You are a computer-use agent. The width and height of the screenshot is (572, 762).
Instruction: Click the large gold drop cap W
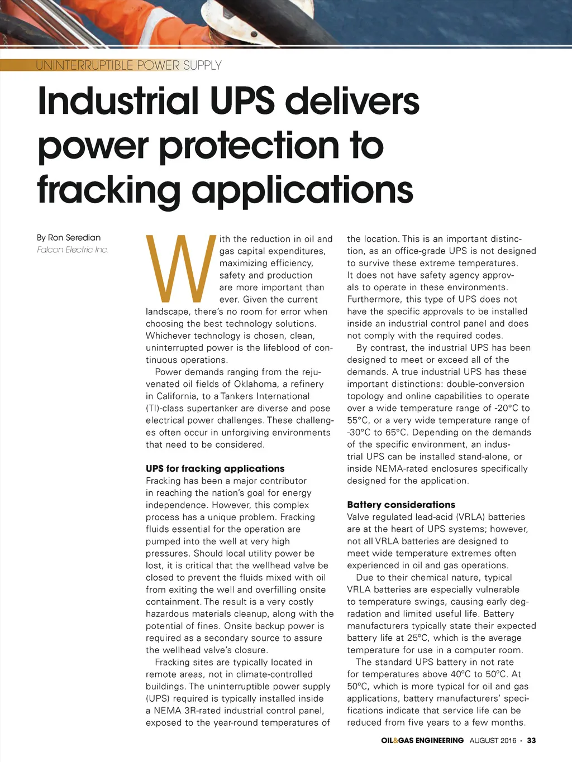(180, 269)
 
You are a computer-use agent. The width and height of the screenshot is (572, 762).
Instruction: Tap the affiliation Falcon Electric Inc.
(73, 250)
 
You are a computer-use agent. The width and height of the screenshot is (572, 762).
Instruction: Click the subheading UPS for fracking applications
(215, 468)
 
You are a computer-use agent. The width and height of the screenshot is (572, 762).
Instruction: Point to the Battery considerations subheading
(401, 505)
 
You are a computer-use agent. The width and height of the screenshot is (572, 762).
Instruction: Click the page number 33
(531, 740)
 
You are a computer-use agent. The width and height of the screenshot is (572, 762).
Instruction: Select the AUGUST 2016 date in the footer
(493, 740)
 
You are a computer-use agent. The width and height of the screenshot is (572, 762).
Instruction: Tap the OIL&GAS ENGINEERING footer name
(422, 740)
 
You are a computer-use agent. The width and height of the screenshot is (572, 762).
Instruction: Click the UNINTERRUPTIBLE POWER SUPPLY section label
(128, 65)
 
